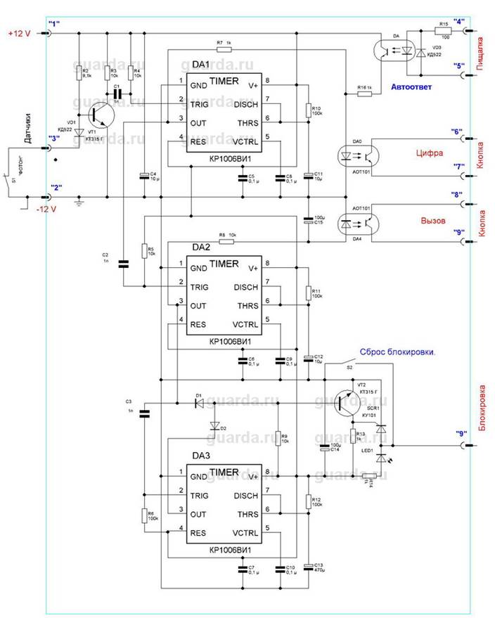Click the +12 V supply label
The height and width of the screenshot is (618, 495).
[19, 33]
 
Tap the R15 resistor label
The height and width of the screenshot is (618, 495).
[442, 25]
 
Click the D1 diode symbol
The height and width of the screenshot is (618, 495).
[199, 404]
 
